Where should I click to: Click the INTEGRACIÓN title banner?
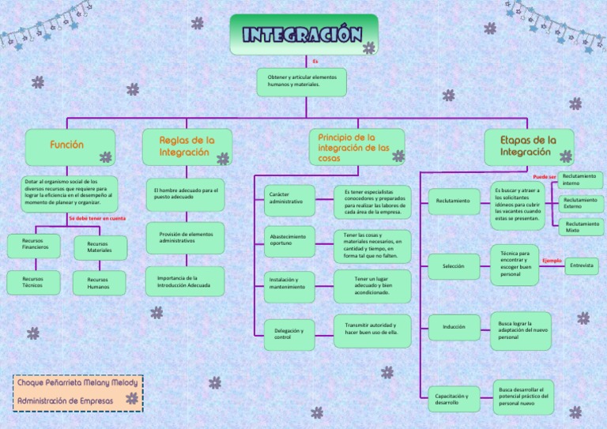[x=303, y=35]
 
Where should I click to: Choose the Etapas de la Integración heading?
[x=529, y=146]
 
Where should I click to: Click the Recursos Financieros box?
[x=34, y=244]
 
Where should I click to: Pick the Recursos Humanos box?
[x=99, y=283]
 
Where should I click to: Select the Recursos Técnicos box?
[x=33, y=283]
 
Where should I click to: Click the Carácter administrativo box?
[x=289, y=199]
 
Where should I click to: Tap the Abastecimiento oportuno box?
[x=289, y=241]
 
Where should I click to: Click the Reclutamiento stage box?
[x=454, y=201]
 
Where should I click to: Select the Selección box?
[x=454, y=266]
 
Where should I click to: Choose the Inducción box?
[x=454, y=326]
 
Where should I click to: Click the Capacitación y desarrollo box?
[x=454, y=399]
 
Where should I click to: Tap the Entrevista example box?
[x=582, y=266]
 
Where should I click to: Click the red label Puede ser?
[x=545, y=177]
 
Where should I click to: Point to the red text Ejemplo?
[x=552, y=260]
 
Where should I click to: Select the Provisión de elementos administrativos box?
[x=185, y=237]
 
